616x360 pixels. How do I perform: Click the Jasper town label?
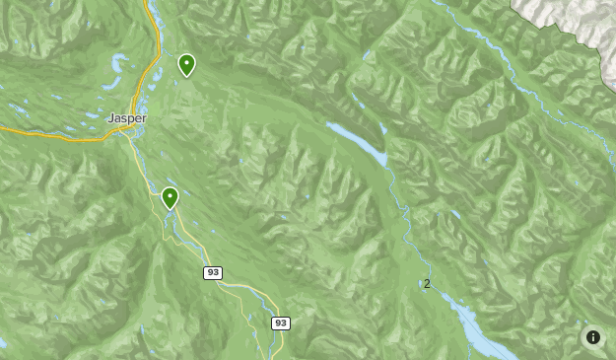tap(127, 117)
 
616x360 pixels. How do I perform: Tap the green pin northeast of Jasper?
tap(186, 66)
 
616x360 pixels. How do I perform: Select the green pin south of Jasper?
tap(171, 198)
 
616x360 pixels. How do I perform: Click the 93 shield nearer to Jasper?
tap(213, 272)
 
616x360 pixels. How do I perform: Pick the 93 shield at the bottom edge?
tap(281, 323)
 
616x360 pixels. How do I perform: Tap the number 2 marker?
tap(427, 284)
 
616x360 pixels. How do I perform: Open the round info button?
tap(592, 337)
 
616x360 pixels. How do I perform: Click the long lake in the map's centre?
tap(360, 144)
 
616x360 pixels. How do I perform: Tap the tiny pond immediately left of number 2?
tap(420, 284)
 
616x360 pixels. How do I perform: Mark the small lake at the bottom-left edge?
tap(3, 343)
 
